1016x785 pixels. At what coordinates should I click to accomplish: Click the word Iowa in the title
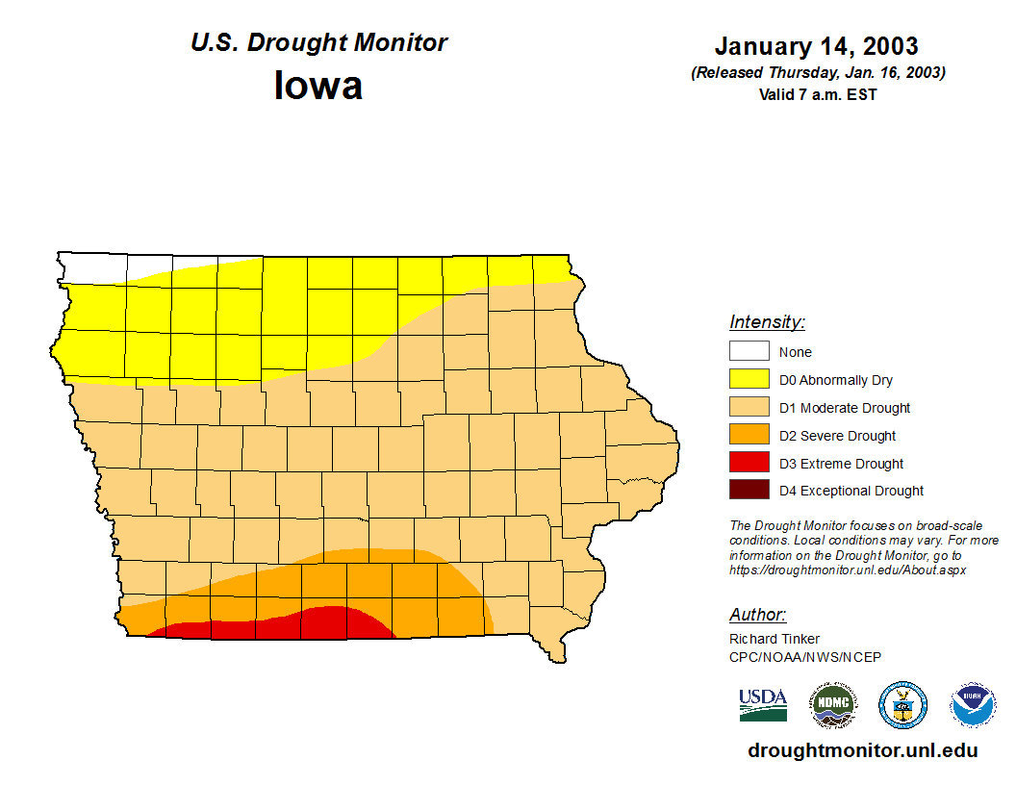(x=318, y=86)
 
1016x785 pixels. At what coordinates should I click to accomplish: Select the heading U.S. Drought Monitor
(x=318, y=43)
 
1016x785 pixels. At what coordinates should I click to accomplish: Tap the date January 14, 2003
(x=816, y=46)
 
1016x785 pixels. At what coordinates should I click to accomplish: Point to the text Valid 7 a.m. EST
(x=818, y=94)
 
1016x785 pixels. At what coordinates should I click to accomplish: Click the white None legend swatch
(x=749, y=351)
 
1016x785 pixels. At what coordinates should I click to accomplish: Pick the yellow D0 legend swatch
(x=749, y=379)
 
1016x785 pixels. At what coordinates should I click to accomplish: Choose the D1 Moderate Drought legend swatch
(x=749, y=407)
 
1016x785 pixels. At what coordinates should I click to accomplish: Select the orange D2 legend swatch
(x=749, y=435)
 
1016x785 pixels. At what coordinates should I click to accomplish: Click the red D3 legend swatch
(x=749, y=463)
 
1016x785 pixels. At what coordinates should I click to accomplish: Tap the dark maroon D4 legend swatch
(x=749, y=490)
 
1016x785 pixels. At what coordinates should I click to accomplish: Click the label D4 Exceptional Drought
(x=851, y=491)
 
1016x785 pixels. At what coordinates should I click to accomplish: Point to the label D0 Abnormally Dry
(x=835, y=380)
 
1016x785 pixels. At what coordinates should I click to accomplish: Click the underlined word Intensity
(x=767, y=322)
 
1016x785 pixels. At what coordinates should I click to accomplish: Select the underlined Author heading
(x=757, y=615)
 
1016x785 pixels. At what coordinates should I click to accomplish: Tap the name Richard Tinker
(x=774, y=639)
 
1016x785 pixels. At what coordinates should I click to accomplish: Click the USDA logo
(x=763, y=704)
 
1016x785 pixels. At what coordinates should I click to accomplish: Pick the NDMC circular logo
(x=832, y=705)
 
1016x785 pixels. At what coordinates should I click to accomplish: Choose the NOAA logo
(x=973, y=705)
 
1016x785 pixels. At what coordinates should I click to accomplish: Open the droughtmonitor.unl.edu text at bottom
(x=862, y=751)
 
